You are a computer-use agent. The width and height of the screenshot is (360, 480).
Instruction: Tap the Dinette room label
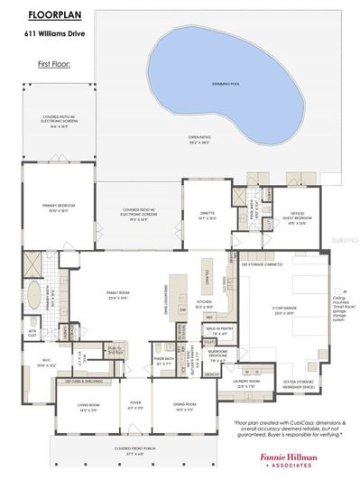tap(207, 215)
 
